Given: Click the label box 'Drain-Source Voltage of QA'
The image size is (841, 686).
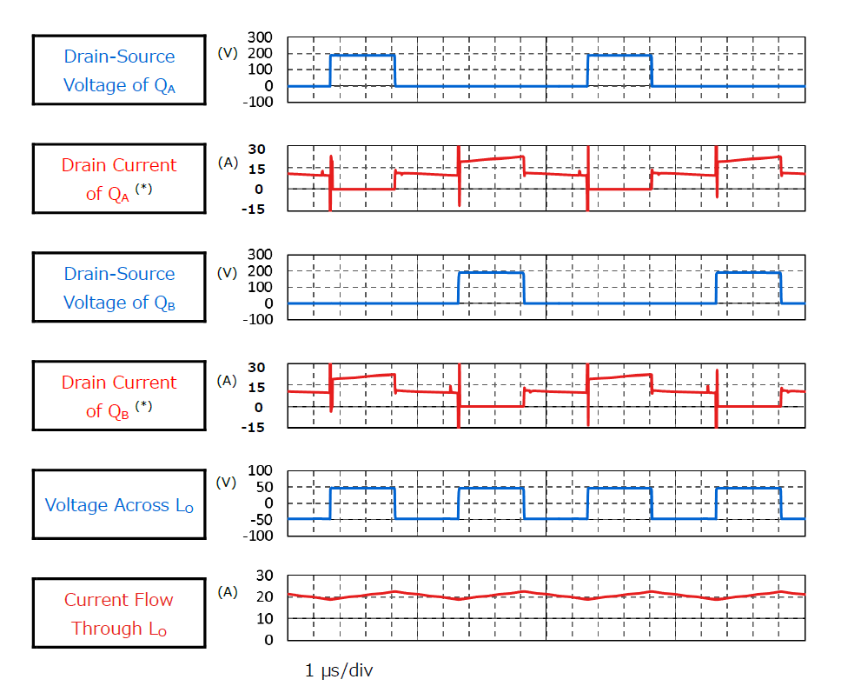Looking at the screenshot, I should pyautogui.click(x=119, y=70).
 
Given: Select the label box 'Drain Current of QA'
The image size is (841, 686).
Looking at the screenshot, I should pyautogui.click(x=119, y=179).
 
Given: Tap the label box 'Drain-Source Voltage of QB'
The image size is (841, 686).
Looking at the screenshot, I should pyautogui.click(x=119, y=288).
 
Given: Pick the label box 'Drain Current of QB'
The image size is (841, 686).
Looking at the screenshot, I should pyautogui.click(x=119, y=396).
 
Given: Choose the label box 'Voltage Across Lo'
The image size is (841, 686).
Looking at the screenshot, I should pyautogui.click(x=119, y=505).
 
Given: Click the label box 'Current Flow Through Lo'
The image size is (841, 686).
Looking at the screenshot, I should pyautogui.click(x=119, y=614).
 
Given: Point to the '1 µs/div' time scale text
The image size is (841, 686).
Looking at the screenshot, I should pyautogui.click(x=340, y=670).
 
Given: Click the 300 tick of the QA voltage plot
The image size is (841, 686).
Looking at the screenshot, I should pyautogui.click(x=261, y=37).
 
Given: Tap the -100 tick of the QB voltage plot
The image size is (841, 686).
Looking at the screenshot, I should pyautogui.click(x=261, y=319).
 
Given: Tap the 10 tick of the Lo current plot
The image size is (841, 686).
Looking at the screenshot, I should pyautogui.click(x=265, y=618).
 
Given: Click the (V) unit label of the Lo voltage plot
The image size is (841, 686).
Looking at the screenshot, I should pyautogui.click(x=227, y=483).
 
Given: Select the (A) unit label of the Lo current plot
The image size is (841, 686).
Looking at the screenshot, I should pyautogui.click(x=227, y=592).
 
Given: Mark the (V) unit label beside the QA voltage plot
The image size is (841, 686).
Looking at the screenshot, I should pyautogui.click(x=227, y=52).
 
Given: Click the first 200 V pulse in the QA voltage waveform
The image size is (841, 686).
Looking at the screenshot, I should pyautogui.click(x=362, y=56).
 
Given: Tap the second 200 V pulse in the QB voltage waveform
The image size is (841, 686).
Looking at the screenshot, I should pyautogui.click(x=748, y=273).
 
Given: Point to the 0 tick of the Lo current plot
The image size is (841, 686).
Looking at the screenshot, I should pyautogui.click(x=269, y=639).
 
